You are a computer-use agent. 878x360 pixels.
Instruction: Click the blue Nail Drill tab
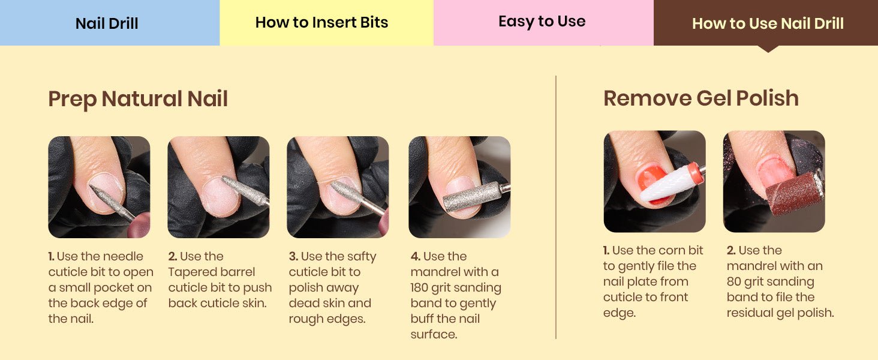(110, 23)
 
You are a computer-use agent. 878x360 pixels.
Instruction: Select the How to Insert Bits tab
(326, 23)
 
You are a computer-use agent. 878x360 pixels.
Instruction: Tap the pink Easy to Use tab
(543, 23)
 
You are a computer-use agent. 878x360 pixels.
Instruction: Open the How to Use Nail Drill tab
(766, 23)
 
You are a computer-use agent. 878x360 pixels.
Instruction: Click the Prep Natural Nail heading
(138, 99)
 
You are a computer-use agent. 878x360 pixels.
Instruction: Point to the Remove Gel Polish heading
(701, 98)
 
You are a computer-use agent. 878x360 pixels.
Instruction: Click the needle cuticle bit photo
(99, 187)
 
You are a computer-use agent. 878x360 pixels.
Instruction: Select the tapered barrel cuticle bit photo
(218, 187)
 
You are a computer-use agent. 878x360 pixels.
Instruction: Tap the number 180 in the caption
(419, 288)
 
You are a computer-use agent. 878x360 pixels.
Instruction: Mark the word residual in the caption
(750, 313)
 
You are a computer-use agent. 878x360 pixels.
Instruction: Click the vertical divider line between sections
(556, 207)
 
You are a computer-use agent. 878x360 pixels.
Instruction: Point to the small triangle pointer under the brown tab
(768, 49)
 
